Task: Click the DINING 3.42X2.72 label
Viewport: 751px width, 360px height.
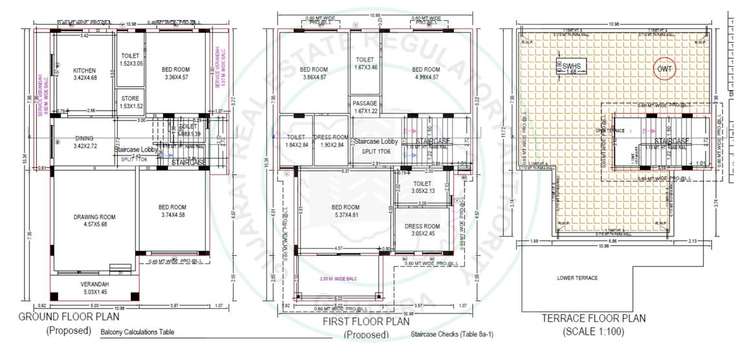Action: pos(84,142)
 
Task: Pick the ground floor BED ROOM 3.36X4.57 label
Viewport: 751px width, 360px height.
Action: pos(175,73)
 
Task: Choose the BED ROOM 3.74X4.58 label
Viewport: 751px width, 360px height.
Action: pos(172,211)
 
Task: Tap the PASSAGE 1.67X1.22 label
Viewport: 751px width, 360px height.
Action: pos(364,107)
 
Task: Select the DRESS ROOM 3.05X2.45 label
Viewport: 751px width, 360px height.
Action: pos(421,230)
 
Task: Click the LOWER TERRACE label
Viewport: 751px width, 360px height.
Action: pos(577,278)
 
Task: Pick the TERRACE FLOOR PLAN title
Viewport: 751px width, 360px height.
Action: pos(593,318)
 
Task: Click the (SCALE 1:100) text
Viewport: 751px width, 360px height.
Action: pos(593,331)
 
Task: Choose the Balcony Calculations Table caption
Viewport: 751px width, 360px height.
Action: pos(137,332)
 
